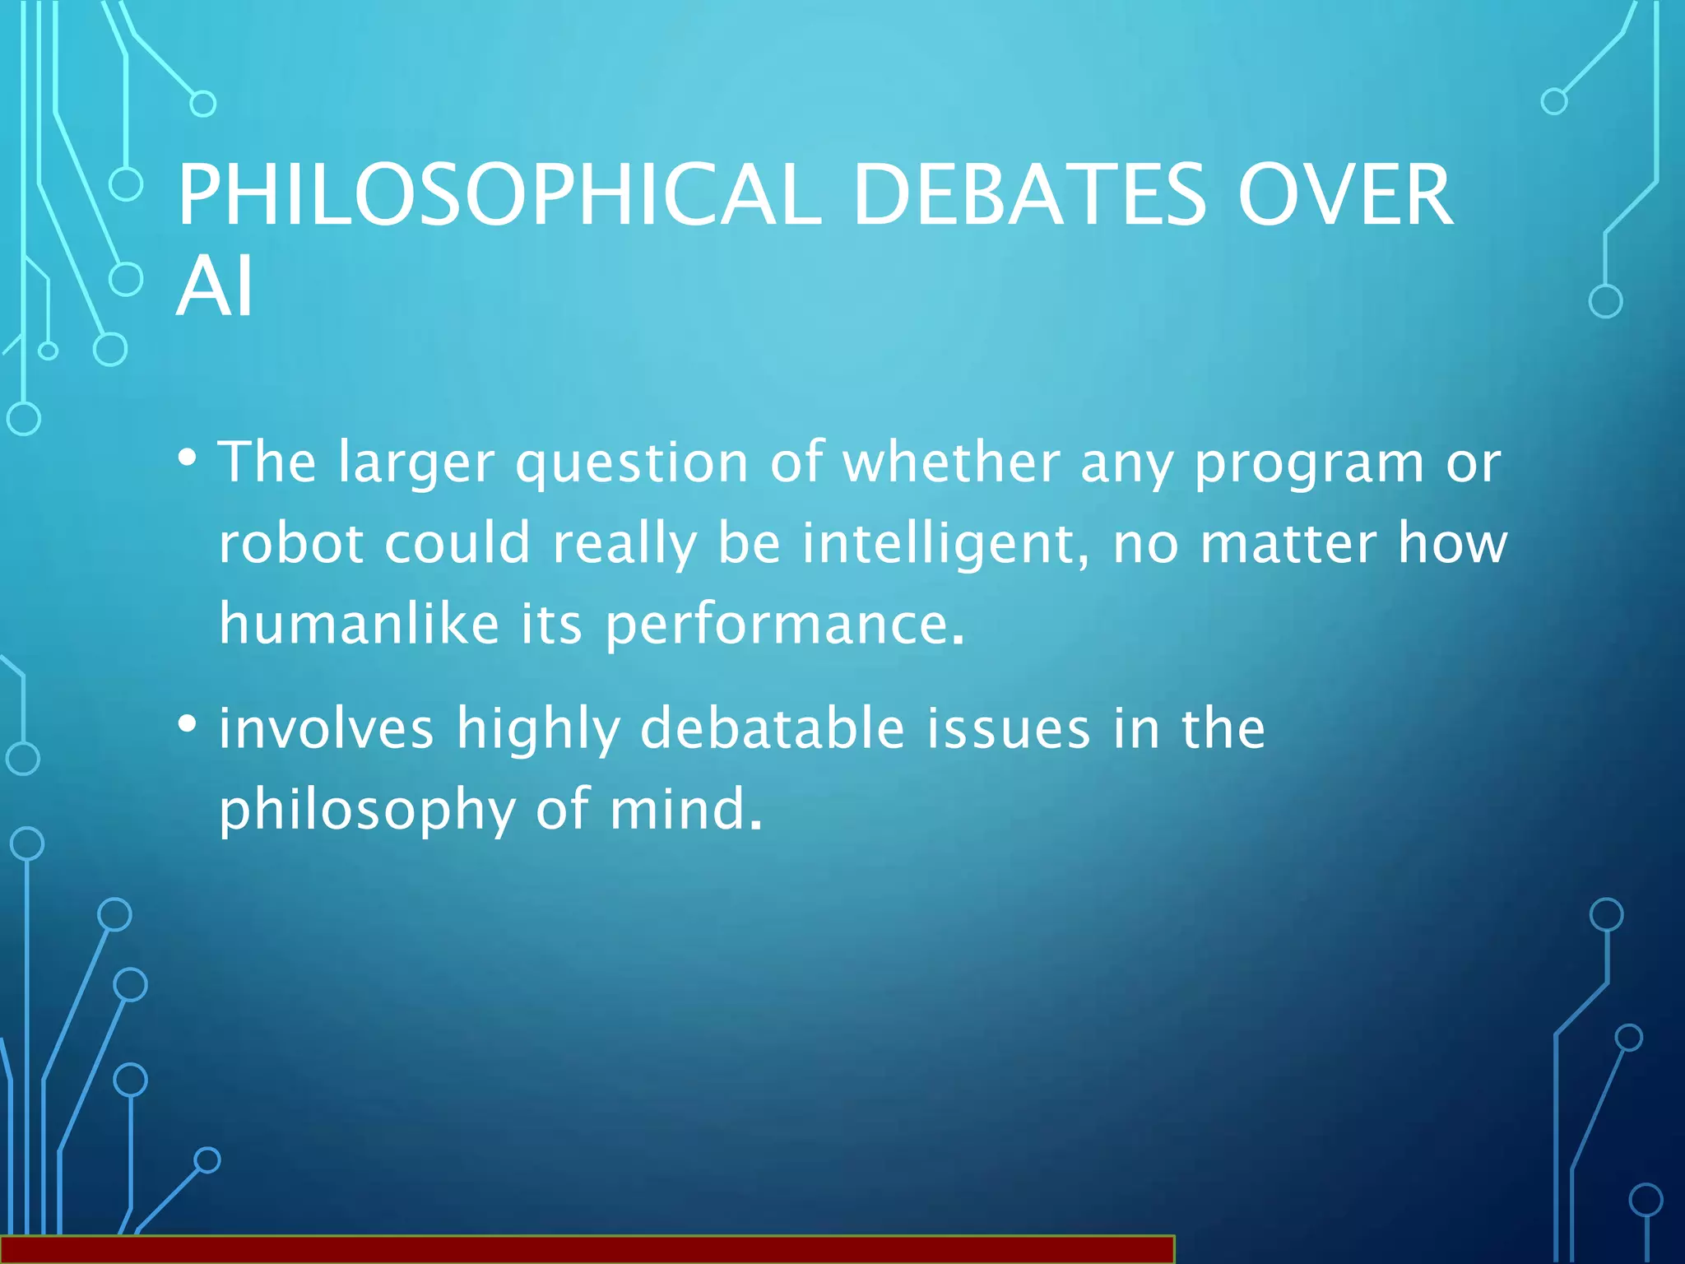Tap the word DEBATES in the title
point(1029,195)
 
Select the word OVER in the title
point(1344,195)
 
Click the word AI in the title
point(215,286)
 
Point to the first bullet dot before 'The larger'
point(188,458)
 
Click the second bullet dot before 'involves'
point(188,724)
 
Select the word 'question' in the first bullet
point(631,463)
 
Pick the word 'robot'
point(291,544)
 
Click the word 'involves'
point(326,728)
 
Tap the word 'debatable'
point(773,728)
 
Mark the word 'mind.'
point(686,809)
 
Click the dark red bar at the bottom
point(586,1249)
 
